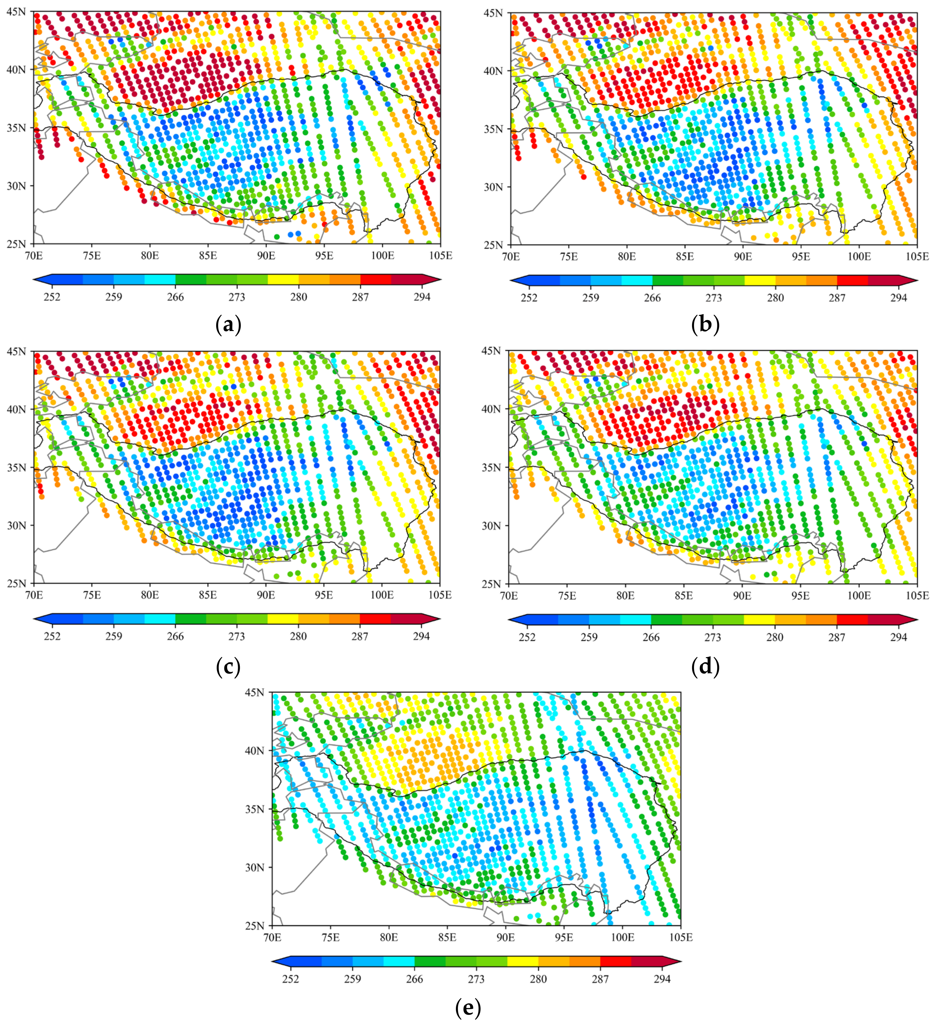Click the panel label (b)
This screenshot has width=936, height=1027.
click(705, 325)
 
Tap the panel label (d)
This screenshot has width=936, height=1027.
click(705, 666)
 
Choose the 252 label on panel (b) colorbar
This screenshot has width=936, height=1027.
click(529, 298)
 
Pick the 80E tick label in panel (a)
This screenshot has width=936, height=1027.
click(150, 255)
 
